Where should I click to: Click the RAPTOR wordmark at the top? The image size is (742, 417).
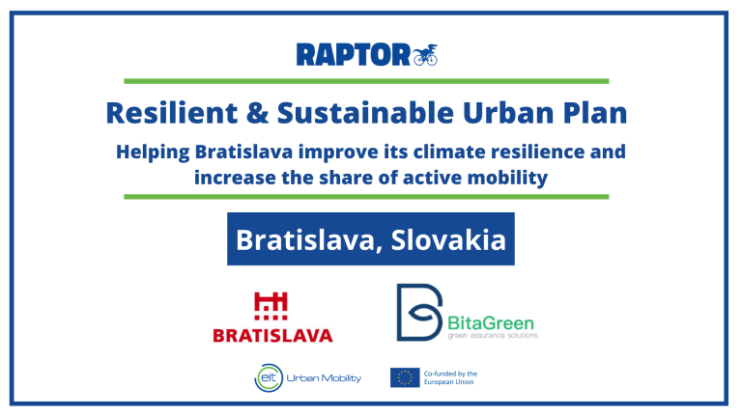click(x=353, y=54)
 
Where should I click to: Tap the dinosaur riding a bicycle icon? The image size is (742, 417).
click(x=425, y=55)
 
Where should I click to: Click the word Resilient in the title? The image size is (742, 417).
click(x=172, y=113)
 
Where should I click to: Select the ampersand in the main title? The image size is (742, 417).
click(x=257, y=113)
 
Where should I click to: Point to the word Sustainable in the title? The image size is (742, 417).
click(x=365, y=113)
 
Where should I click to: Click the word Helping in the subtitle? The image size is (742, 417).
click(x=153, y=153)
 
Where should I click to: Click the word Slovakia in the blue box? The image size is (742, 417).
click(x=448, y=239)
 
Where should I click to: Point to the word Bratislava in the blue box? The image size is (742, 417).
click(x=305, y=240)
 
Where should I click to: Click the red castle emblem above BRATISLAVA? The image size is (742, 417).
click(x=271, y=306)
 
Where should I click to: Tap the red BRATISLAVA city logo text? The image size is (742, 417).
click(x=272, y=335)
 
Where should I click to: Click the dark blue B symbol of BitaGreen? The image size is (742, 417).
click(x=419, y=312)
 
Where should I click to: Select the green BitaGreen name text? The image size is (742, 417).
click(x=491, y=323)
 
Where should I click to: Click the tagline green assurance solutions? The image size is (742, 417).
click(x=493, y=335)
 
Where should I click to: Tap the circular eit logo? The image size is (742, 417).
click(x=269, y=377)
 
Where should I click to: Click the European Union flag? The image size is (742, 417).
click(x=405, y=377)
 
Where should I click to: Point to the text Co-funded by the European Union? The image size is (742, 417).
click(x=450, y=377)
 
